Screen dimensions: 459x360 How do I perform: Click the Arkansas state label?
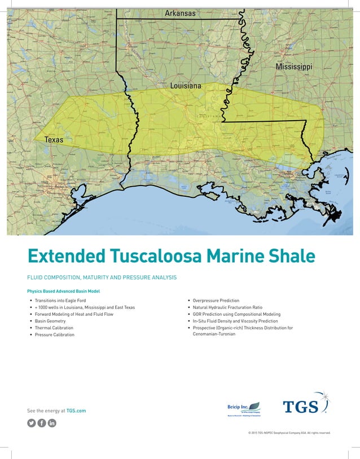[x=180, y=13]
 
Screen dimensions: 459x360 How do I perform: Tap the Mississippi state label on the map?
[x=293, y=67]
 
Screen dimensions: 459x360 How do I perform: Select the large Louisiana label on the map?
[x=186, y=86]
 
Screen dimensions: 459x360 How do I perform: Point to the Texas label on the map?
[x=54, y=139]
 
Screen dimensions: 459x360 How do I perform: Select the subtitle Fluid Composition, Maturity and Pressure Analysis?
[x=102, y=277]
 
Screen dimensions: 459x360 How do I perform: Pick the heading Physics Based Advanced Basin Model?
[x=63, y=291]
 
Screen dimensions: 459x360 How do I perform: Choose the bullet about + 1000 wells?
[x=85, y=307]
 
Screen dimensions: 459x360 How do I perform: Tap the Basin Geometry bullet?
[x=50, y=321]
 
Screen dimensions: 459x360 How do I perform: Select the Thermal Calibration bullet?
[x=54, y=328]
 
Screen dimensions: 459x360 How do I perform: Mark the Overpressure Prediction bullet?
[x=216, y=301]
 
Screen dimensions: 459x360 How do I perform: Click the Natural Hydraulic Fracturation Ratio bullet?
[x=227, y=307]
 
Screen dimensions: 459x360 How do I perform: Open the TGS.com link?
[x=76, y=411]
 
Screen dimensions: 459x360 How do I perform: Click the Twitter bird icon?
[x=32, y=423]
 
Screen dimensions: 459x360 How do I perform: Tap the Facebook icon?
[x=42, y=423]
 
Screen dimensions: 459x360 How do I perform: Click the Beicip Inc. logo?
[x=244, y=408]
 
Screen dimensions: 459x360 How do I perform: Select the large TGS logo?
[x=305, y=405]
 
